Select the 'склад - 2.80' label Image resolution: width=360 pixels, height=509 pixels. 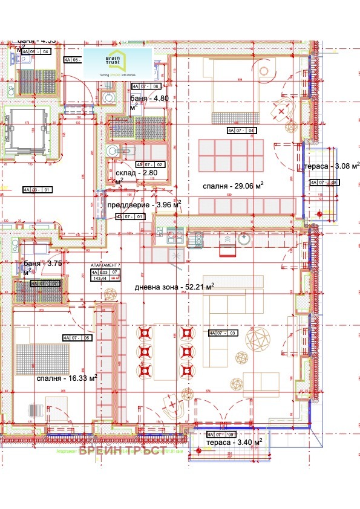point(137,172)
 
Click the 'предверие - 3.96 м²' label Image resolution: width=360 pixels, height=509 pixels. point(143,204)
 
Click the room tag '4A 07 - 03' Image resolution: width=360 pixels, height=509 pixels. point(223,332)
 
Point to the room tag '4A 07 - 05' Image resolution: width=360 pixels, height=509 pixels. point(77,337)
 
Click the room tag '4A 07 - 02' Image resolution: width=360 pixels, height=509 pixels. point(149,164)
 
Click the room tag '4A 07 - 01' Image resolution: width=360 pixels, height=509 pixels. point(131,216)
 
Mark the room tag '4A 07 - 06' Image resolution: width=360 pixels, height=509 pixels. point(146,86)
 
